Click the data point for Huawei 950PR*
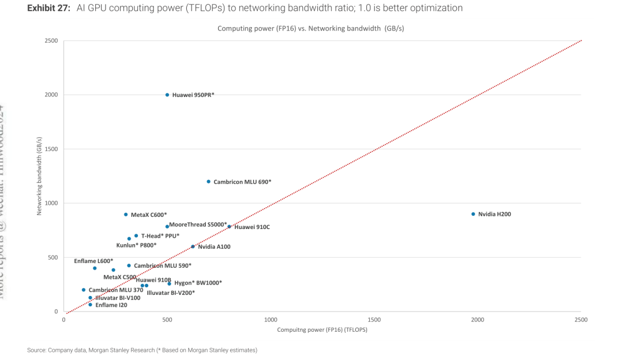(x=167, y=95)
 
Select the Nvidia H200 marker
(x=473, y=214)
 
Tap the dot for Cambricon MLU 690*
(x=209, y=182)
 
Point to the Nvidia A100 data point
(x=193, y=246)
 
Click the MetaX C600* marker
(x=126, y=215)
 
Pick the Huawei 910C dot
(x=229, y=227)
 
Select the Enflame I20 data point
(x=90, y=305)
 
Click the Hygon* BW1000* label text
(x=198, y=283)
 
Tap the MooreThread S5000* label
(x=198, y=224)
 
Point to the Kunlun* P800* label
(x=136, y=245)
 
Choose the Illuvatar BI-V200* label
(x=171, y=293)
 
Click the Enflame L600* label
(x=93, y=261)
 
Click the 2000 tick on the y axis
(x=51, y=95)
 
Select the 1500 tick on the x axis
(x=374, y=319)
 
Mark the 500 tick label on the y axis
(x=54, y=257)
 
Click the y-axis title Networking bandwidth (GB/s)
(x=40, y=177)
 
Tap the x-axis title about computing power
(x=322, y=330)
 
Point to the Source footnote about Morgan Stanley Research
(x=142, y=350)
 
